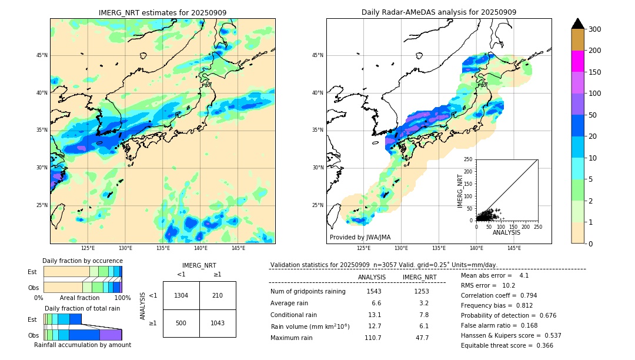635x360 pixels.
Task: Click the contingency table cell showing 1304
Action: pyautogui.click(x=181, y=295)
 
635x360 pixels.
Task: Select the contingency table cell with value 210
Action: pyautogui.click(x=218, y=295)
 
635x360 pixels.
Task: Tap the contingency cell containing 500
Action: pyautogui.click(x=181, y=323)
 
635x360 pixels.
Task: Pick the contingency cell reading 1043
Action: pyautogui.click(x=218, y=323)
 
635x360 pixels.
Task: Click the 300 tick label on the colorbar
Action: pyautogui.click(x=595, y=29)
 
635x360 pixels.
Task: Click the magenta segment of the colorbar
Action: pyautogui.click(x=577, y=61)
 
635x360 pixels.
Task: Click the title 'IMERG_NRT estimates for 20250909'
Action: pyautogui.click(x=162, y=13)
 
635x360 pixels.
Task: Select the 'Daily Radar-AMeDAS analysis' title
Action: pyautogui.click(x=439, y=12)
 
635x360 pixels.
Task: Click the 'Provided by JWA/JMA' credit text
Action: pyautogui.click(x=360, y=237)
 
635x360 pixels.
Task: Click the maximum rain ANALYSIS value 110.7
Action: pyautogui.click(x=372, y=338)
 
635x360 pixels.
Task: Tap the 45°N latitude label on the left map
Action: pyautogui.click(x=42, y=55)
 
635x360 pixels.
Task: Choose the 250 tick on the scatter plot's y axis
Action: pyautogui.click(x=469, y=159)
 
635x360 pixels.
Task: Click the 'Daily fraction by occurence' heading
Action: pyautogui.click(x=82, y=261)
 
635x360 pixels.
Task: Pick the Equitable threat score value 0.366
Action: pyautogui.click(x=541, y=345)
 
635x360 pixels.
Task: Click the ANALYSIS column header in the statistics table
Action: pyautogui.click(x=372, y=277)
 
